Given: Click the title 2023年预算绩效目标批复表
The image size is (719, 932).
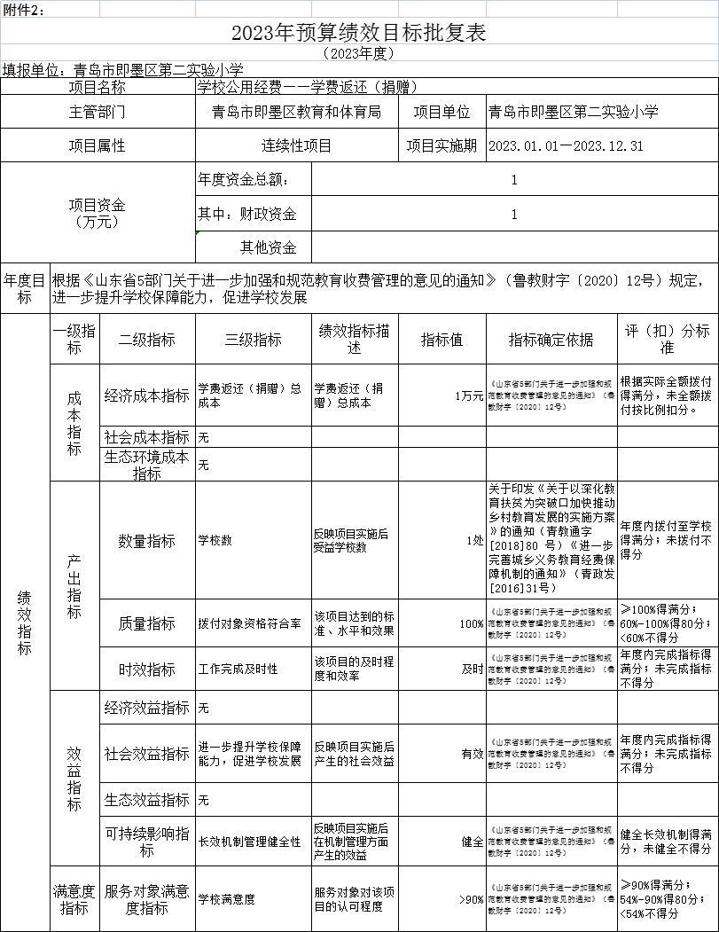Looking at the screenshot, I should (x=359, y=33).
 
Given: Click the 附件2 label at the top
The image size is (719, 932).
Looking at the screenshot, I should (x=24, y=9).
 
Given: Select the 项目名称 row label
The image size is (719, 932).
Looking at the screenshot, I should (x=98, y=87).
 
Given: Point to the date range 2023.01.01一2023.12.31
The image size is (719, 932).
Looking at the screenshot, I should (x=566, y=145).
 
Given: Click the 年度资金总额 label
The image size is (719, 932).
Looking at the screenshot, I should (x=243, y=180).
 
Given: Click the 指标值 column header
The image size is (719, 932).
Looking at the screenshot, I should (x=442, y=340).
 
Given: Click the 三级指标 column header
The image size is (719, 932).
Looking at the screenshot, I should (x=254, y=340).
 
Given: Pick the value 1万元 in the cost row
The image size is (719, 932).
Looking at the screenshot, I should (x=468, y=396).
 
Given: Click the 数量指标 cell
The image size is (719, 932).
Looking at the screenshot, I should (x=146, y=540).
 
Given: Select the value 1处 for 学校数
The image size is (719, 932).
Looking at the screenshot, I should (x=474, y=540).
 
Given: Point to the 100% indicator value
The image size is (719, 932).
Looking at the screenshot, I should (x=472, y=623).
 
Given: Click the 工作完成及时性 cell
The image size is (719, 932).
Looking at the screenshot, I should (x=238, y=669).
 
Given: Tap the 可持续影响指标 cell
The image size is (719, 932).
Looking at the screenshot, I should (x=146, y=842).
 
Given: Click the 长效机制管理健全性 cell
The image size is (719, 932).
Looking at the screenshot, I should (x=250, y=842).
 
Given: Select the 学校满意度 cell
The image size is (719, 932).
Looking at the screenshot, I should (x=227, y=899).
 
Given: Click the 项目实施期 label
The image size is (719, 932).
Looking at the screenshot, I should (x=442, y=145).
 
